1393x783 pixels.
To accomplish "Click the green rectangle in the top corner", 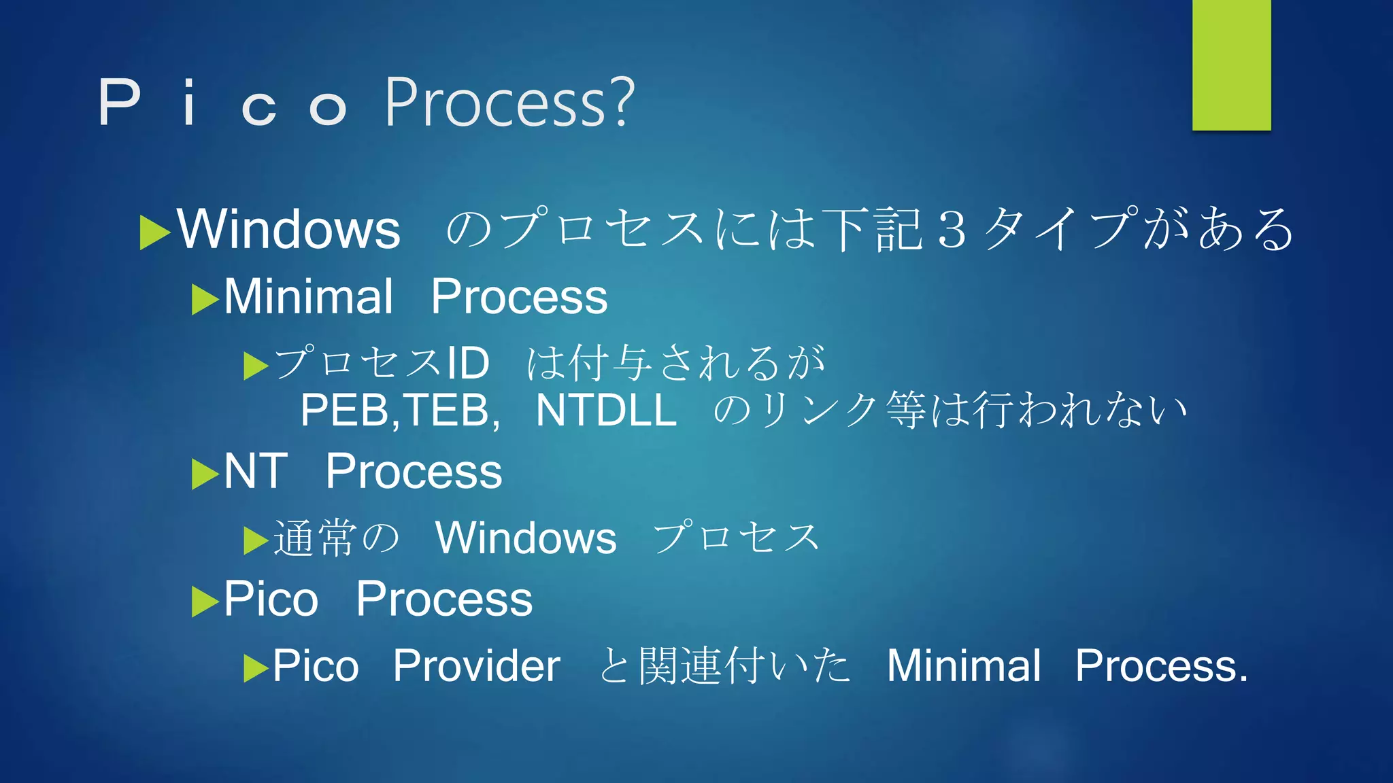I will pyautogui.click(x=1231, y=65).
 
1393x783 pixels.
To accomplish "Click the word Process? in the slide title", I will pyautogui.click(x=509, y=103).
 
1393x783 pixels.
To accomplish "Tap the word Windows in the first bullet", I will pyautogui.click(x=288, y=229).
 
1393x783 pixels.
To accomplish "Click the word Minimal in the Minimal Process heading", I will pyautogui.click(x=308, y=297).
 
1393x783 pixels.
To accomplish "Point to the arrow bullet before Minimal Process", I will pyautogui.click(x=204, y=300).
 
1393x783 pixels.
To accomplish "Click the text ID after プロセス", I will pyautogui.click(x=467, y=362).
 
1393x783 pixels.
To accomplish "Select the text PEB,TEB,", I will pyautogui.click(x=400, y=410).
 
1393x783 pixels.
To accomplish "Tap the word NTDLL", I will pyautogui.click(x=606, y=410).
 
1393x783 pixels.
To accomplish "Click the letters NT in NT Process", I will pyautogui.click(x=255, y=471).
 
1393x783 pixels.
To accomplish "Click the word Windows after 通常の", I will pyautogui.click(x=526, y=538).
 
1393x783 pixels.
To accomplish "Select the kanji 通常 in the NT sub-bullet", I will pyautogui.click(x=315, y=538).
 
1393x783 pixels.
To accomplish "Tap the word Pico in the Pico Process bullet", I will pyautogui.click(x=271, y=599).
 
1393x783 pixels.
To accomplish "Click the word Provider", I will pyautogui.click(x=476, y=665).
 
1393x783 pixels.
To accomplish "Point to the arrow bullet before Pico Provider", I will pyautogui.click(x=256, y=668).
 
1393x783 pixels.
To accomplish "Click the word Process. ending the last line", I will pyautogui.click(x=1161, y=665).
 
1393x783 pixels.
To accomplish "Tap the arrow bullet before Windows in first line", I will pyautogui.click(x=154, y=232).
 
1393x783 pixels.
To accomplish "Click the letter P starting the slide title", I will pyautogui.click(x=120, y=103).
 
